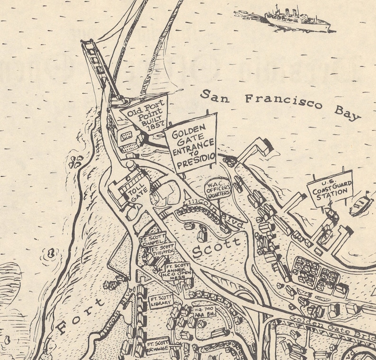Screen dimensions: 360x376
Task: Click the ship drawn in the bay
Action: (296, 19)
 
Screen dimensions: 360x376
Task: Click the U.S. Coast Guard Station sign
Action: (330, 189)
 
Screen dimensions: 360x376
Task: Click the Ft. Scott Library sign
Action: (161, 302)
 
